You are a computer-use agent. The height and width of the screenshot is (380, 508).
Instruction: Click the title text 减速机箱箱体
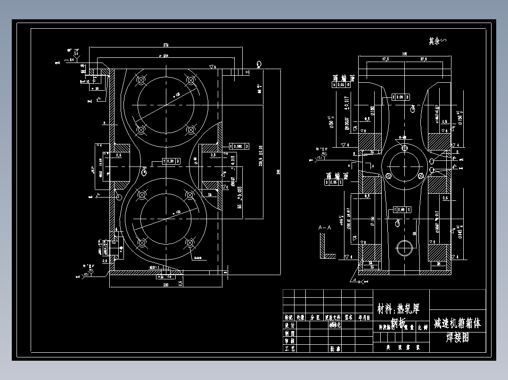click(458, 323)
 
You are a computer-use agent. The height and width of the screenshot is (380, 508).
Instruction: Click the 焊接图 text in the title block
click(458, 337)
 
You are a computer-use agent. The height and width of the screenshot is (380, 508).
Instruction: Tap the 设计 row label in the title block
click(289, 325)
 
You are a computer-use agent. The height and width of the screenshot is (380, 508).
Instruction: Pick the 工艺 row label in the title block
click(289, 348)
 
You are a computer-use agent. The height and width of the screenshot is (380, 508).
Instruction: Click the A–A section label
click(325, 228)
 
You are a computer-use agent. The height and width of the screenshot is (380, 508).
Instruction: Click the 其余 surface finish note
click(437, 41)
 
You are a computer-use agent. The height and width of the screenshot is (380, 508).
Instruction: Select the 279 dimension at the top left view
click(166, 45)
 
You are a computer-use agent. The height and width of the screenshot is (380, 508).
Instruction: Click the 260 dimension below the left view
click(165, 285)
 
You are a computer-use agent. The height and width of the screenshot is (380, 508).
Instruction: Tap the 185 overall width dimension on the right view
click(404, 54)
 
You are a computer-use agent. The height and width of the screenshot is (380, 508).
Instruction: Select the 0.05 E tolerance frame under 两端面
click(334, 182)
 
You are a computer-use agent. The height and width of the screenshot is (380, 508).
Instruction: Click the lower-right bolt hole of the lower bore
click(190, 243)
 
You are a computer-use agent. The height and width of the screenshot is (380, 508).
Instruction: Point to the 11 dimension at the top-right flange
click(247, 71)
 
